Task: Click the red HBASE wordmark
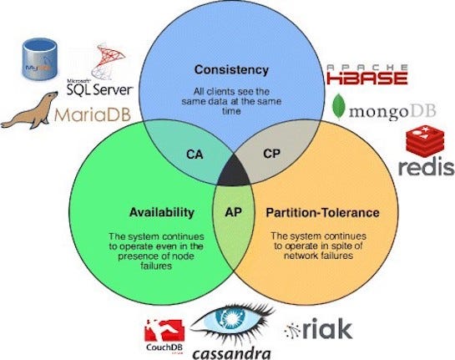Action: click(x=367, y=79)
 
